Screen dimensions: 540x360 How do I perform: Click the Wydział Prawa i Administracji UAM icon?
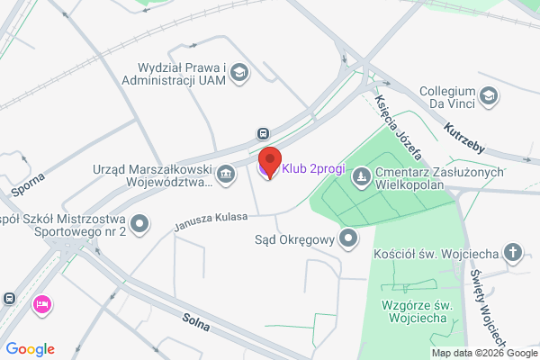[239, 71]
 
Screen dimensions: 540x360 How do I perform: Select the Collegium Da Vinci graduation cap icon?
[488, 94]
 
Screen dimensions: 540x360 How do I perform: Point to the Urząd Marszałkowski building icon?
[226, 171]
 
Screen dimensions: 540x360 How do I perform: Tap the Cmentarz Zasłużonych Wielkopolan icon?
[361, 176]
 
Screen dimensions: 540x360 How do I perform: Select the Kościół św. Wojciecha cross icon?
[513, 252]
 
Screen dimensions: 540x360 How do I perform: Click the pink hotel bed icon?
[40, 305]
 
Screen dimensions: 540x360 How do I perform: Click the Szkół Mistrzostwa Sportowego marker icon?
[139, 222]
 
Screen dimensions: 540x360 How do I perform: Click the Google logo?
[31, 349]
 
